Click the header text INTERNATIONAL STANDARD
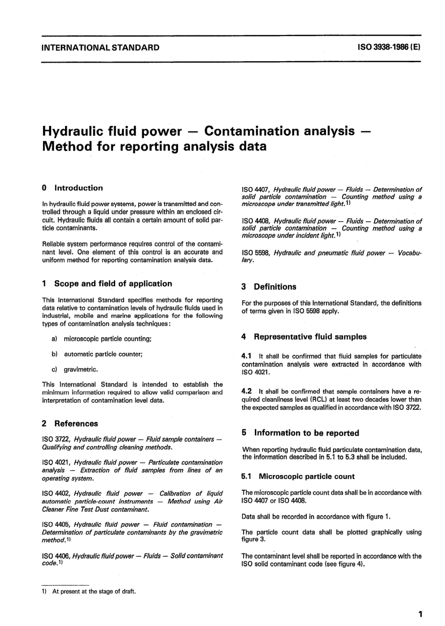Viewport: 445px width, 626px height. tap(100, 47)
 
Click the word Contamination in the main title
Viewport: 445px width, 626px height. tap(279, 131)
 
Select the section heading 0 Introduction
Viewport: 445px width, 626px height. tap(72, 188)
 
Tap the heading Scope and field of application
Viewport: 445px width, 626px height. tap(113, 284)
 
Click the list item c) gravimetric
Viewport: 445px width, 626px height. tap(75, 370)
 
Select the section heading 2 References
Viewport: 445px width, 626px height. tap(70, 423)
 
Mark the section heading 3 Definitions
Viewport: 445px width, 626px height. tap(269, 287)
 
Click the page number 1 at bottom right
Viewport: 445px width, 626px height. tap(420, 614)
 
